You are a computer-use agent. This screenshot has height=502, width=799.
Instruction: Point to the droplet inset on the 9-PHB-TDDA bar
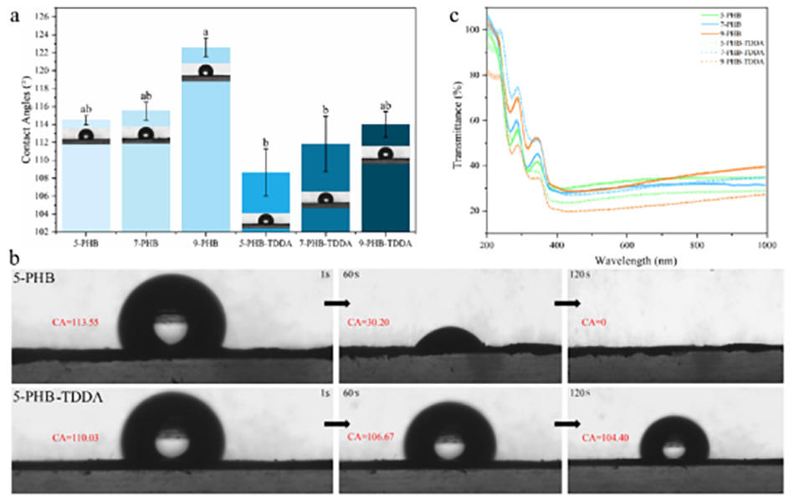tap(384, 154)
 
